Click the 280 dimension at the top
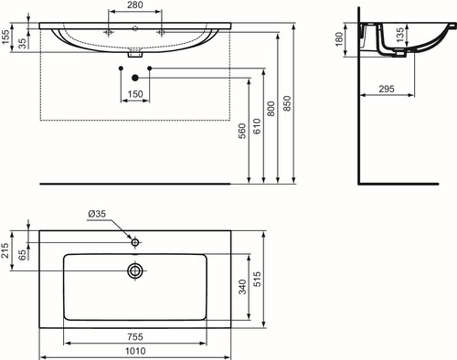tap(135, 5)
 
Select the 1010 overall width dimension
tap(135, 351)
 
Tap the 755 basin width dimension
tap(135, 337)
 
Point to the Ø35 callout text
tap(97, 214)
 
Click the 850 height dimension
tap(287, 103)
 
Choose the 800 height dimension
tap(271, 109)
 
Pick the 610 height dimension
tap(257, 127)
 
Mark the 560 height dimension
tap(242, 131)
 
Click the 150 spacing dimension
tap(135, 94)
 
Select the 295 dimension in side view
tap(387, 89)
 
